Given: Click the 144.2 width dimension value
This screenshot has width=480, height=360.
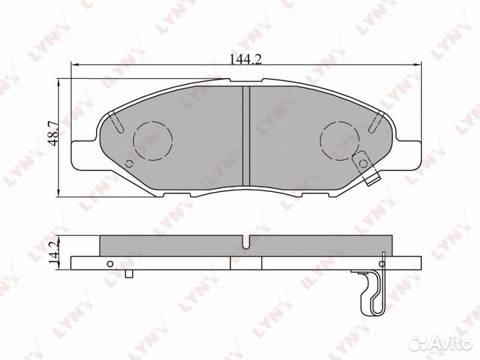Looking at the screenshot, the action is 245,59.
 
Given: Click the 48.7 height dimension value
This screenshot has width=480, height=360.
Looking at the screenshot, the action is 53,133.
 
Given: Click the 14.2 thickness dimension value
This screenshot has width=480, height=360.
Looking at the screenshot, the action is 53,253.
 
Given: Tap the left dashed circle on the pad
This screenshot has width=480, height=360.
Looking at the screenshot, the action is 153,141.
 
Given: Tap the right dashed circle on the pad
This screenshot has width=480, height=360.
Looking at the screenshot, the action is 340,141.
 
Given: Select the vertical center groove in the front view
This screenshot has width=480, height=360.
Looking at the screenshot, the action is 246,135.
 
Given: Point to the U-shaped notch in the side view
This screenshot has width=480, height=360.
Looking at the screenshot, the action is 246,242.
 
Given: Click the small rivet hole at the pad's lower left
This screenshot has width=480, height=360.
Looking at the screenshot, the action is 129,164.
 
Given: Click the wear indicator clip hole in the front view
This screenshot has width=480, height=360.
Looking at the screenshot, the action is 363,163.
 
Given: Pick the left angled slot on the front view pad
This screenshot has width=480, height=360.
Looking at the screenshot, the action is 117,122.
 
